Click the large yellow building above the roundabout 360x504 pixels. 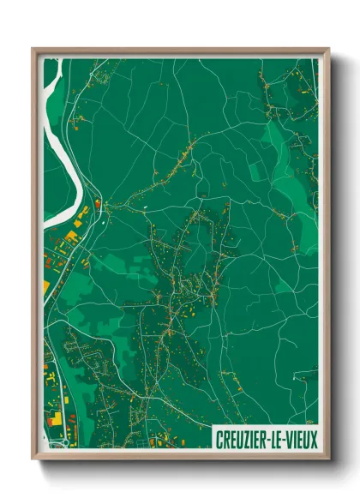point(55,419)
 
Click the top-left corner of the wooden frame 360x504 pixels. point(33,48)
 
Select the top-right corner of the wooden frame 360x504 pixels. point(327,48)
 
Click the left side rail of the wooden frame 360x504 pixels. point(34,257)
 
